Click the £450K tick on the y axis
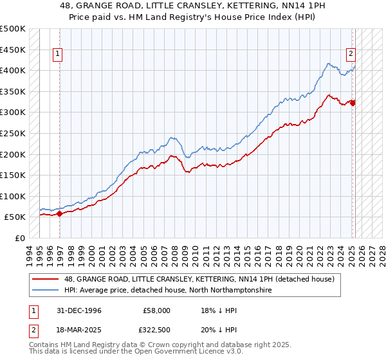[x=13, y=50]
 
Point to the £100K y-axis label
[x=13, y=196]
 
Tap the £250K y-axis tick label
[x=13, y=133]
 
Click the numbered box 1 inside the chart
[x=58, y=55]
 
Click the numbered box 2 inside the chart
[x=352, y=55]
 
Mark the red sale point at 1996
[x=60, y=213]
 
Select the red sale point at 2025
[x=353, y=102]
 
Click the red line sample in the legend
[x=45, y=280]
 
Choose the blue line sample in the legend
[x=45, y=291]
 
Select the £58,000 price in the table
[x=156, y=310]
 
